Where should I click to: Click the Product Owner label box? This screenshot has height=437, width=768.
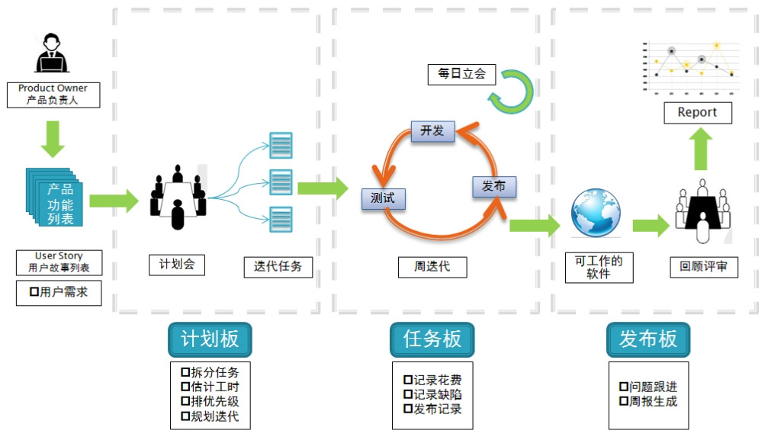(x=53, y=95)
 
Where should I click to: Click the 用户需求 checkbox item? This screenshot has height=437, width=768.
(x=59, y=292)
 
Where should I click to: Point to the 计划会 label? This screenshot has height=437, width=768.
(x=177, y=265)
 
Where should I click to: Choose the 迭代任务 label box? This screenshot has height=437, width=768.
(x=278, y=266)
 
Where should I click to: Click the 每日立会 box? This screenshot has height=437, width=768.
(x=461, y=74)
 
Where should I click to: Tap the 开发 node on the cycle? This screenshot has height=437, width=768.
(x=432, y=130)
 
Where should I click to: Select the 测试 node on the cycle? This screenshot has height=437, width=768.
(x=383, y=198)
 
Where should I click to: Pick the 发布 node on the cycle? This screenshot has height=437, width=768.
(x=493, y=186)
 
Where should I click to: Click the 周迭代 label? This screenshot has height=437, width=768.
(x=432, y=266)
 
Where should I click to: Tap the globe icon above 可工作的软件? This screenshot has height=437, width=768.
(x=596, y=214)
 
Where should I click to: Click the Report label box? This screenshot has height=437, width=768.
(x=697, y=112)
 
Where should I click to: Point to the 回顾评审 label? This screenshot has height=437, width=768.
(x=704, y=267)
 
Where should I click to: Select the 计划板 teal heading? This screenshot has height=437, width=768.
(x=210, y=339)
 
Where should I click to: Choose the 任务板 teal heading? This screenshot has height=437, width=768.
(x=432, y=339)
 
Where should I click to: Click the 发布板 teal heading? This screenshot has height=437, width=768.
(x=648, y=339)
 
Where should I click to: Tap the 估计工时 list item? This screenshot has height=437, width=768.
(x=210, y=387)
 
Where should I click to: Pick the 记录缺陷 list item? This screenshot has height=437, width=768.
(x=432, y=394)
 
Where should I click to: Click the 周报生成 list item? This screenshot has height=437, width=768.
(x=648, y=401)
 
